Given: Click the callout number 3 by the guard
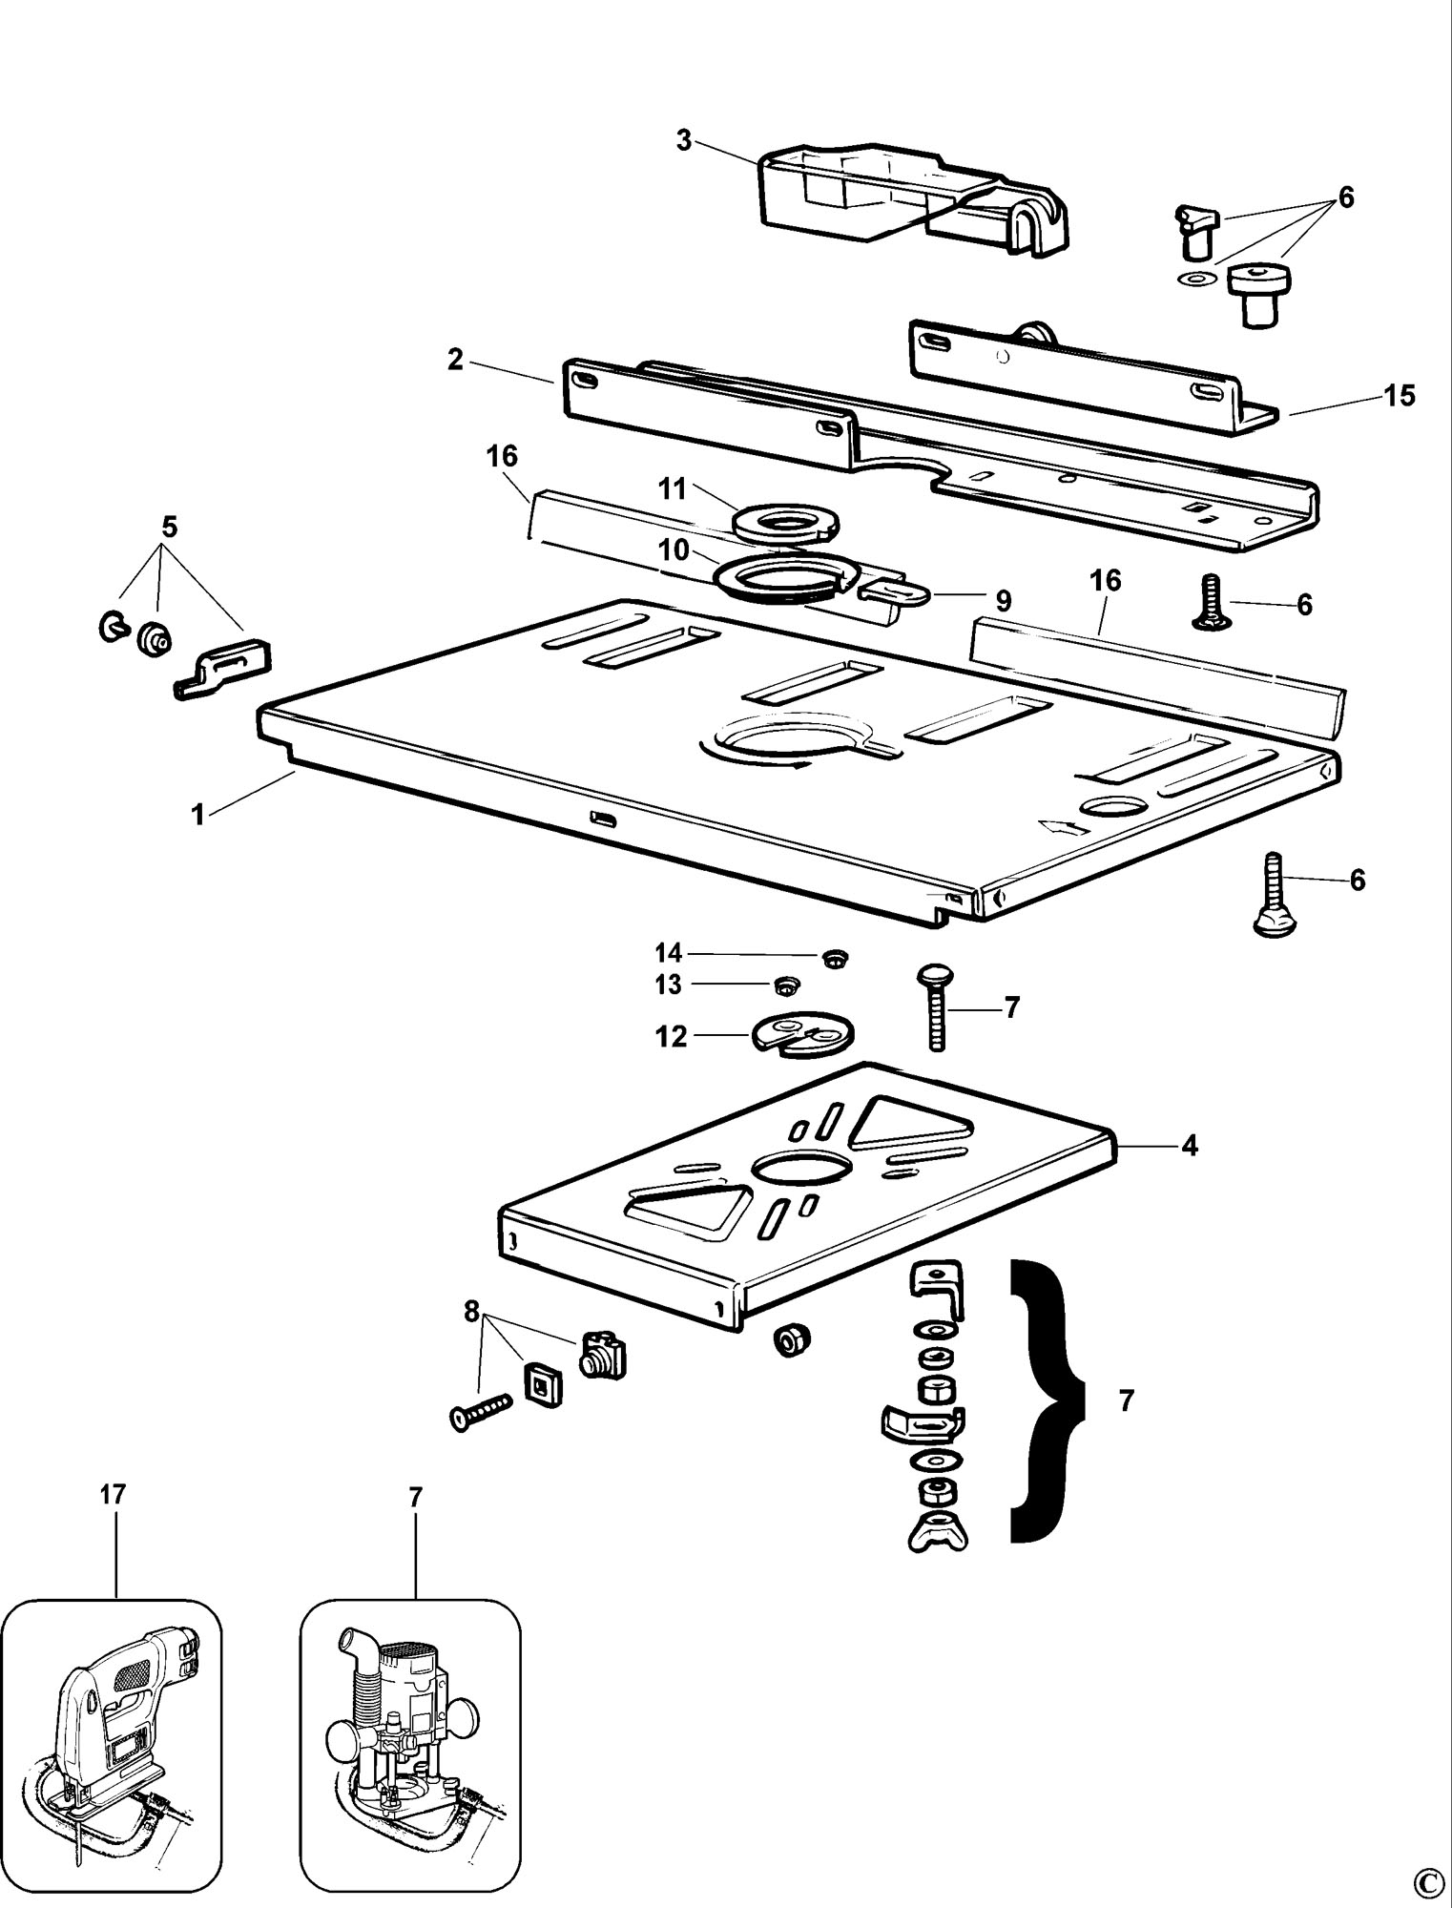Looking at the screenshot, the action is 683,140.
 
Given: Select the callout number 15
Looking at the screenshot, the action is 1400,395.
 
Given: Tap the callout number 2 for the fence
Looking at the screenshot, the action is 455,360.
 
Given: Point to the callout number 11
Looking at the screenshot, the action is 673,489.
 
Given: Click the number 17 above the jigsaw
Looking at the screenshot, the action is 113,1495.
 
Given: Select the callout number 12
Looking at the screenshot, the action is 672,1036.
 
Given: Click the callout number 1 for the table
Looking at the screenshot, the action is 198,816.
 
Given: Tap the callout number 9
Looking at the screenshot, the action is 1003,601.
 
